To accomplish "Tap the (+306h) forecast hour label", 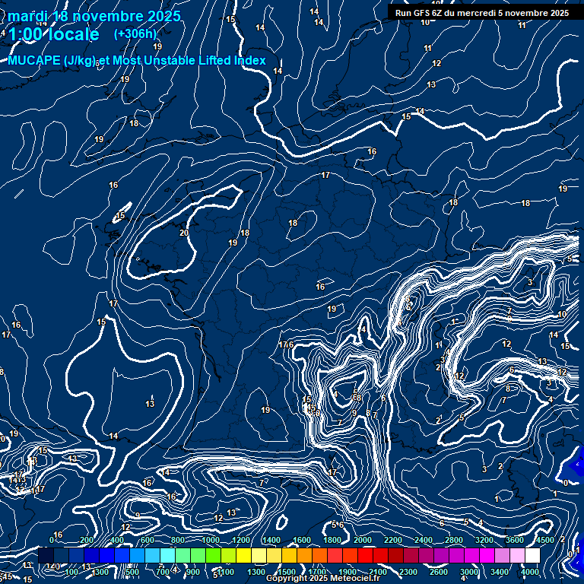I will pyautogui.click(x=135, y=33).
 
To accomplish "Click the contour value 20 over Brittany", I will pyautogui.click(x=184, y=233).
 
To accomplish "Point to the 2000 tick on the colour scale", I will pyautogui.click(x=363, y=540).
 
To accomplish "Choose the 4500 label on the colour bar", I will pyautogui.click(x=545, y=540).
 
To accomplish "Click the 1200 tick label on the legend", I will pyautogui.click(x=241, y=540).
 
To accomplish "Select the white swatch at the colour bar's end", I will pyautogui.click(x=532, y=555).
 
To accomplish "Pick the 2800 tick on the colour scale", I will pyautogui.click(x=454, y=540).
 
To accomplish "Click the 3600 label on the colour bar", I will pyautogui.click(x=515, y=540).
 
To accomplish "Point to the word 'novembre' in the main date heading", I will pyautogui.click(x=97, y=16).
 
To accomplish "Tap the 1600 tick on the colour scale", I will pyautogui.click(x=302, y=540).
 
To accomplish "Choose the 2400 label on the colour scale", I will pyautogui.click(x=424, y=540).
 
